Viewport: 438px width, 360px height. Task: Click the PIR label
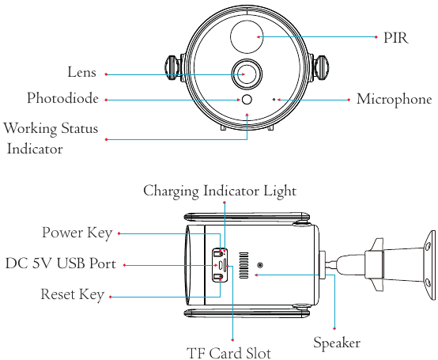396,37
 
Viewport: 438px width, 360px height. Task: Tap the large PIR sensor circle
247,36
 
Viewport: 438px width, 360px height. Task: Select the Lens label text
82,72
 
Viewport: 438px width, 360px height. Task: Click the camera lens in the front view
247,74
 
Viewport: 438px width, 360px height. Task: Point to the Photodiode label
62,98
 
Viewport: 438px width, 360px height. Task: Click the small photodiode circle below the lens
247,100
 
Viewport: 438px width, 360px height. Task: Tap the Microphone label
395,100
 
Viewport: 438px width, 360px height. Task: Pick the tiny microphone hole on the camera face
274,99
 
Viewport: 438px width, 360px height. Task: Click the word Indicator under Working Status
35,149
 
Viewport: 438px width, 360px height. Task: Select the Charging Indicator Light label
220,191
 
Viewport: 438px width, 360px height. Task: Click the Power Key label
77,233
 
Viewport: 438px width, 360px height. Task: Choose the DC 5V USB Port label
61,263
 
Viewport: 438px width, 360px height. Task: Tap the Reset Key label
73,294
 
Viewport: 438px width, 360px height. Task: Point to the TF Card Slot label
228,353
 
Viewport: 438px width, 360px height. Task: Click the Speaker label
337,343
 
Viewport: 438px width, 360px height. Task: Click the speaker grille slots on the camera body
244,266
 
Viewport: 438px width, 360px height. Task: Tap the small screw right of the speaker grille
260,265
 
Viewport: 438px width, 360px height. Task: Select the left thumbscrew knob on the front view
172,68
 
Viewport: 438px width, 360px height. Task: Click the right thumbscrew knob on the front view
322,68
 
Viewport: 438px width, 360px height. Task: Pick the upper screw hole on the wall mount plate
428,247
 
